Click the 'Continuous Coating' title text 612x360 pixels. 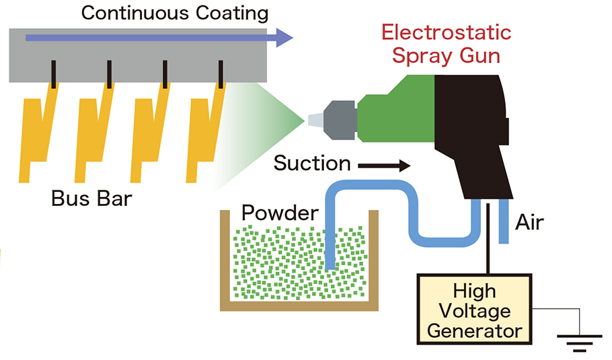174,13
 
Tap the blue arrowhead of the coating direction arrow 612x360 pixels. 285,38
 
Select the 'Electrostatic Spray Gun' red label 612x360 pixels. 446,43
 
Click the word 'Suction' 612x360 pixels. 312,163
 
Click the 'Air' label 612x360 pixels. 529,221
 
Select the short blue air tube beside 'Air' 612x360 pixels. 504,222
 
